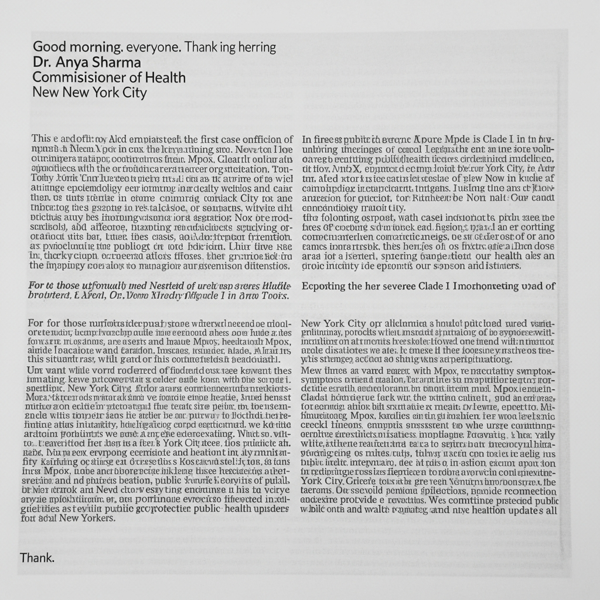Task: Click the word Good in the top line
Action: [48, 47]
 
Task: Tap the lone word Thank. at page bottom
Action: [37, 557]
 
